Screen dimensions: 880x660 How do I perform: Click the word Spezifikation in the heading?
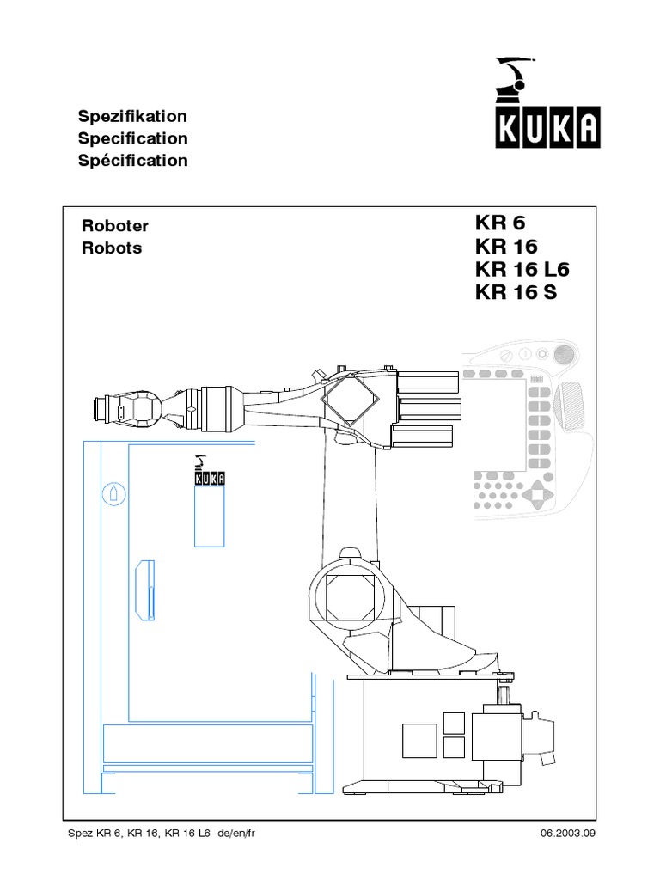tap(132, 116)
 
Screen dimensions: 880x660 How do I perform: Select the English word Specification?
tap(132, 138)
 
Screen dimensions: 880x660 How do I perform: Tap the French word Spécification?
tap(132, 161)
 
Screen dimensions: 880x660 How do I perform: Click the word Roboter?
tap(114, 226)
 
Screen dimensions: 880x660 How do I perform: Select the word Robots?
tap(111, 248)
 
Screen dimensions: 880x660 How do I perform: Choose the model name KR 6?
tap(498, 223)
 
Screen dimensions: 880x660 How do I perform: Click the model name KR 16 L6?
tap(522, 270)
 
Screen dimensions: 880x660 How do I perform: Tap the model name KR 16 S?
tap(516, 293)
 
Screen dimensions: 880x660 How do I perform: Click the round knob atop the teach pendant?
tap(564, 352)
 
